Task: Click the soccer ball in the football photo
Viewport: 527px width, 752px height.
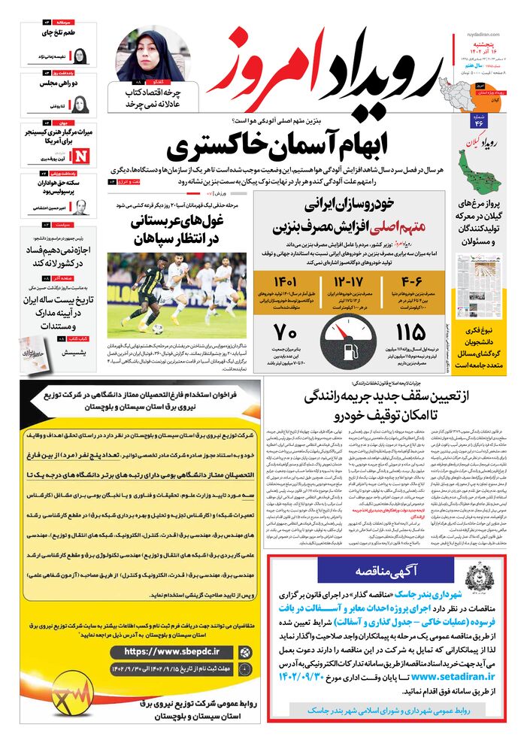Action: [x=157, y=329]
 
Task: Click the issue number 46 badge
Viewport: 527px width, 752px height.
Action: [x=479, y=124]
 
